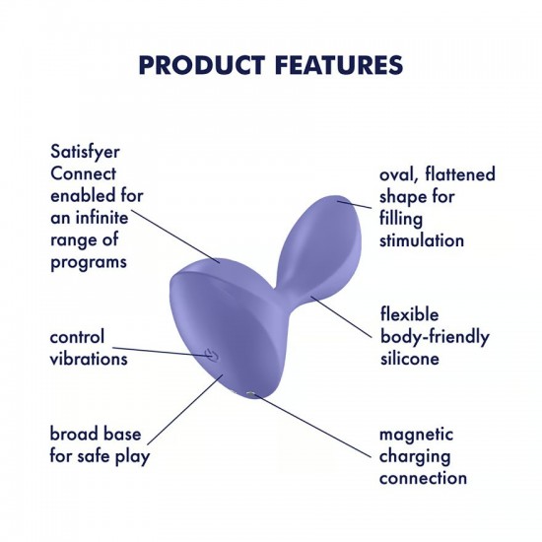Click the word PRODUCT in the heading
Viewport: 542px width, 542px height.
pyautogui.click(x=197, y=65)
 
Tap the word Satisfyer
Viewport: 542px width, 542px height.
pyautogui.click(x=90, y=153)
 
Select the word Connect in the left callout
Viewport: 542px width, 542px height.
pyautogui.click(x=85, y=174)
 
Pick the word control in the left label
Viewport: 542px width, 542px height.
pyautogui.click(x=77, y=338)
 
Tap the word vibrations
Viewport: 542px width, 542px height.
pyautogui.click(x=89, y=359)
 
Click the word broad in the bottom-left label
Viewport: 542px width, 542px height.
pyautogui.click(x=76, y=435)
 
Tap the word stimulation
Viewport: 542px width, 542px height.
pyautogui.click(x=422, y=239)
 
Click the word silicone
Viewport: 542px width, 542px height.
pyautogui.click(x=409, y=359)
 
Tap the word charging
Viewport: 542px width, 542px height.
pyautogui.click(x=416, y=456)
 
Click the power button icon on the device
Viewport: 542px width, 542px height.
pyautogui.click(x=209, y=355)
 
